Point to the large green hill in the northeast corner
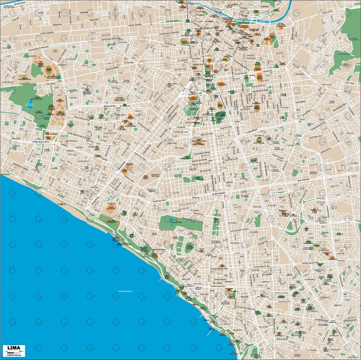347,64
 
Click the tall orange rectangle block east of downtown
259,77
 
